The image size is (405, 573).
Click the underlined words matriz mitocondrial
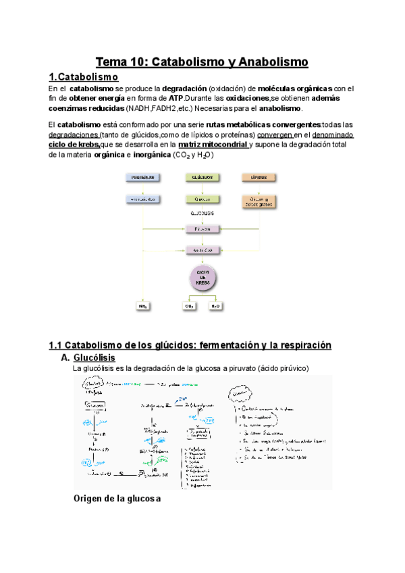click(213, 144)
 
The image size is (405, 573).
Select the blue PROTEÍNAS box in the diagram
click(143, 177)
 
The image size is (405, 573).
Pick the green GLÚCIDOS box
click(202, 177)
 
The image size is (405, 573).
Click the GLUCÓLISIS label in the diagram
click(202, 214)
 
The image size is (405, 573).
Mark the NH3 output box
click(143, 306)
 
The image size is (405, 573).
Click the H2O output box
click(215, 306)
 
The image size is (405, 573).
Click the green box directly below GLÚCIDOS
click(202, 199)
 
